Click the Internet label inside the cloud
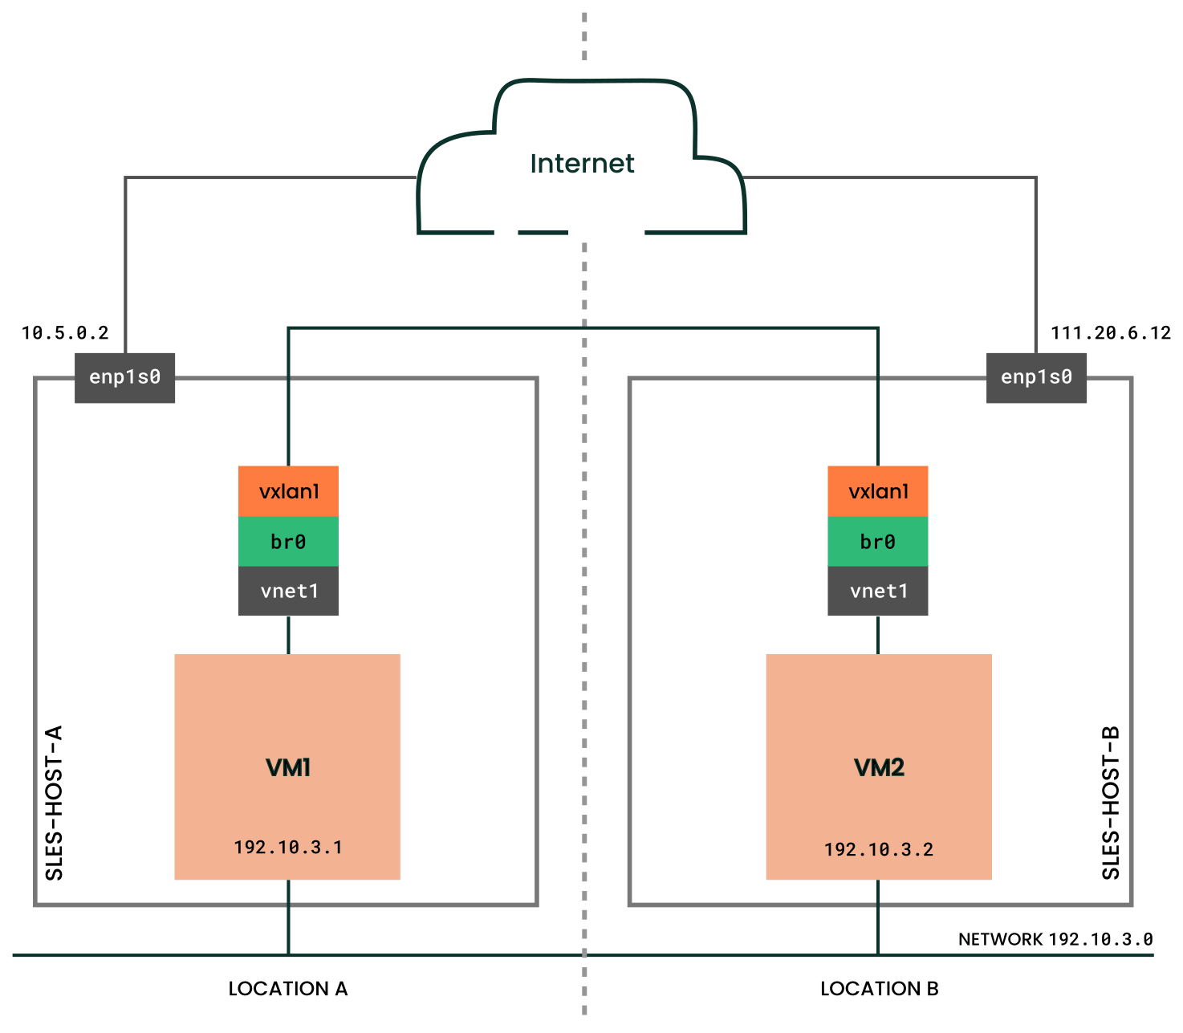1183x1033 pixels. click(582, 164)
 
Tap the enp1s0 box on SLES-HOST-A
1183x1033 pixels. click(124, 377)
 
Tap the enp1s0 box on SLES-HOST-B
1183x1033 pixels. click(1036, 377)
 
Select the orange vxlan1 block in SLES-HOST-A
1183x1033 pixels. click(288, 491)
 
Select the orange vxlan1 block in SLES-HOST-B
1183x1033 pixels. click(878, 491)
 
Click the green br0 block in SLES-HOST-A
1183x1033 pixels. click(288, 542)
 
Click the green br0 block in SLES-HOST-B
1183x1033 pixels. click(878, 542)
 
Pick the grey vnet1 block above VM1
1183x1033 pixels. click(288, 592)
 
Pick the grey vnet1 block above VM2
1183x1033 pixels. click(878, 592)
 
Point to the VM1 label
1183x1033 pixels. click(288, 768)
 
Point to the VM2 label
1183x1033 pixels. click(879, 768)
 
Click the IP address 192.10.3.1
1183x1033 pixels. click(288, 848)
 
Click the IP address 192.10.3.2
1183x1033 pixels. click(879, 850)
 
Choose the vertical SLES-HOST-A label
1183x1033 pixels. click(54, 803)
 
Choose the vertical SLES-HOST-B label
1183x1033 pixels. click(1111, 803)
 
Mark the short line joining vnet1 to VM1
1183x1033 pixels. click(288, 635)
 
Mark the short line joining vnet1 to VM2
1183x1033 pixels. click(878, 635)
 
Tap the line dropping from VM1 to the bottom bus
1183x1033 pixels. click(288, 917)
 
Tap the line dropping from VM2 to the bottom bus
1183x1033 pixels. click(878, 917)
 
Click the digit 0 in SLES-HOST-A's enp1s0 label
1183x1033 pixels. click(155, 377)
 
